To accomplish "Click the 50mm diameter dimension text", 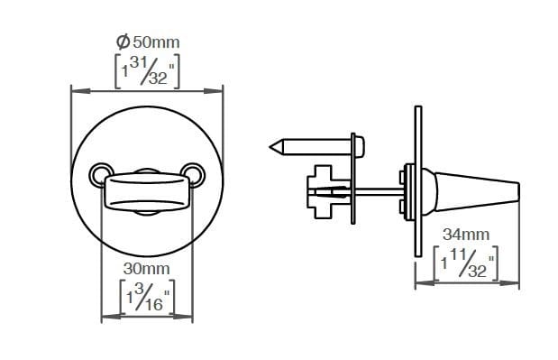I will point(153,41).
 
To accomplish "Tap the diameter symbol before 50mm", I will point(123,41).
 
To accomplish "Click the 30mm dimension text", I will point(146,268).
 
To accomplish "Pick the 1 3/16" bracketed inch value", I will point(146,296).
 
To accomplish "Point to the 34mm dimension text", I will point(467,235).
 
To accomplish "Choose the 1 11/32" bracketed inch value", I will point(467,262).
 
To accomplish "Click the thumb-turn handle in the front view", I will point(146,191).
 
